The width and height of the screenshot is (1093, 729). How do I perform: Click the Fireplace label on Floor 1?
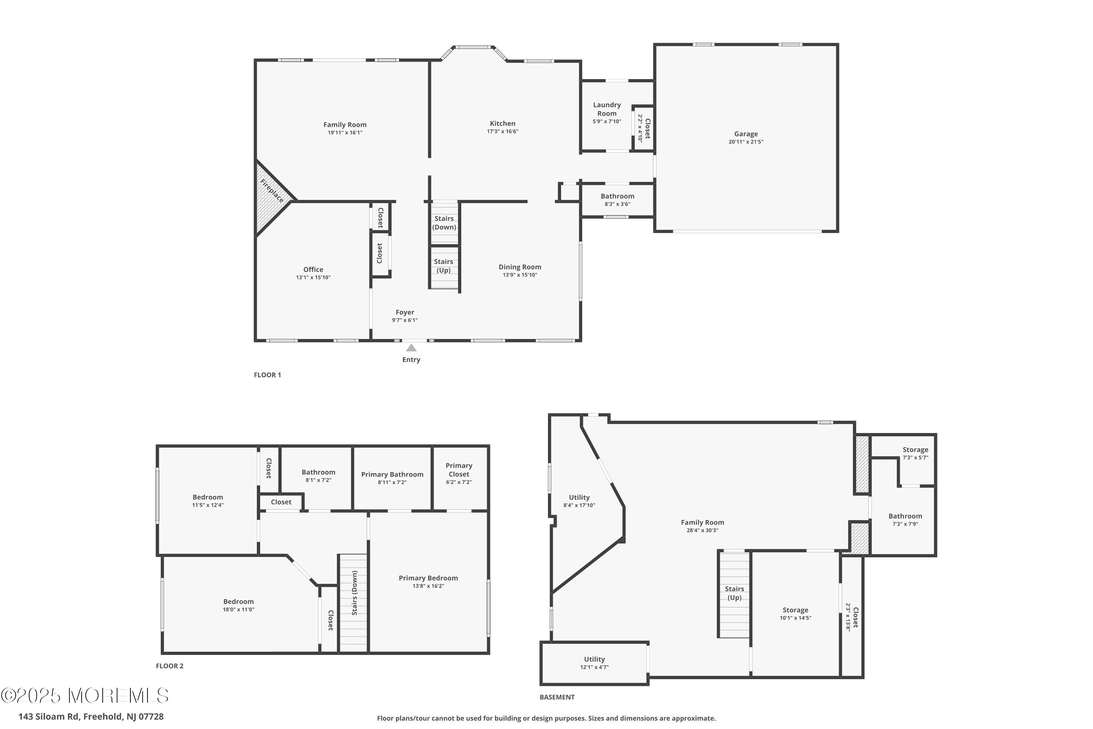coord(272,191)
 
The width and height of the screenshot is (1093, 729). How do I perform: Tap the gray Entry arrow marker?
coord(411,348)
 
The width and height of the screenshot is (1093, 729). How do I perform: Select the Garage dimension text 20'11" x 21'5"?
coord(746,142)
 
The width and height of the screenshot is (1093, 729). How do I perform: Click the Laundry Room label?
coord(607,109)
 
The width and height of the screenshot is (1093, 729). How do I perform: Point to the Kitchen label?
coord(502,124)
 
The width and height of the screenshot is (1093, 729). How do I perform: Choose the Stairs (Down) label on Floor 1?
coord(444,223)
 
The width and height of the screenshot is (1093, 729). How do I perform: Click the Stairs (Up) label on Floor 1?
coord(444,266)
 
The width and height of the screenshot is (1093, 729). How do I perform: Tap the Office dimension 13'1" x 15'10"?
coord(313,277)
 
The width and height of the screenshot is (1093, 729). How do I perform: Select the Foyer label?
coord(405,312)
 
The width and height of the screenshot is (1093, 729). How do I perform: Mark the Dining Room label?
coord(520,267)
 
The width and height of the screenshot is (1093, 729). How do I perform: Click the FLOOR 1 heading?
coord(267,375)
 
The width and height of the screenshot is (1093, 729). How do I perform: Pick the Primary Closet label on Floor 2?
coord(459,469)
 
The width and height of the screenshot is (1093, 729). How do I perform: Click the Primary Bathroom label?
coord(392,474)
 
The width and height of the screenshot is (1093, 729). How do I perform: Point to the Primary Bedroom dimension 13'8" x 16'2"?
coord(428,586)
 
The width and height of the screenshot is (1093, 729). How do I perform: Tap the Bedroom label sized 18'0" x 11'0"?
coord(238,602)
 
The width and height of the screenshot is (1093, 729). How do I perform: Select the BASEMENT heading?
coord(557,697)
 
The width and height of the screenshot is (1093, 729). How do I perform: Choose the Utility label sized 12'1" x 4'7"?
coord(594,659)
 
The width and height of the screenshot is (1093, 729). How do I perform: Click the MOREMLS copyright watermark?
coord(85,696)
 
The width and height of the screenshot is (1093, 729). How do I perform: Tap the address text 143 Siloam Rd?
coord(49,717)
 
